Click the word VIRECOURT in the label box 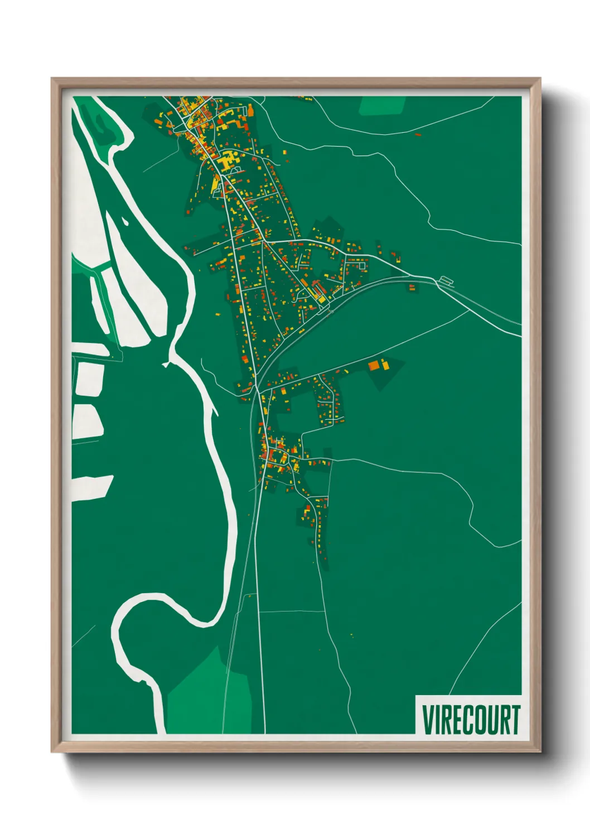click(471, 720)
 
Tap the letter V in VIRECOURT click(428, 720)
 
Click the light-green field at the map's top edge click(383, 105)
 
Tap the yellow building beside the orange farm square click(384, 365)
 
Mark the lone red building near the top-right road click(417, 134)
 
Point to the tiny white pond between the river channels click(124, 222)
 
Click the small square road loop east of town click(362, 266)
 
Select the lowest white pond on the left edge click(91, 486)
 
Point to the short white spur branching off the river click(166, 364)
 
